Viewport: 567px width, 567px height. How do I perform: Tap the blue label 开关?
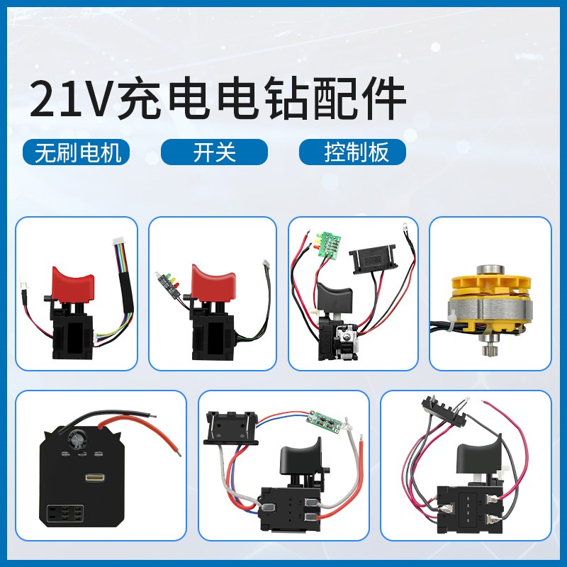coord(214,152)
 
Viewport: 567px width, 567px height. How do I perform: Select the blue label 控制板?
coord(352,152)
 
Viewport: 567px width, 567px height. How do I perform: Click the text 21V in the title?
coord(71,100)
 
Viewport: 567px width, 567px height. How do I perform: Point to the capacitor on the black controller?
coord(77,440)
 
